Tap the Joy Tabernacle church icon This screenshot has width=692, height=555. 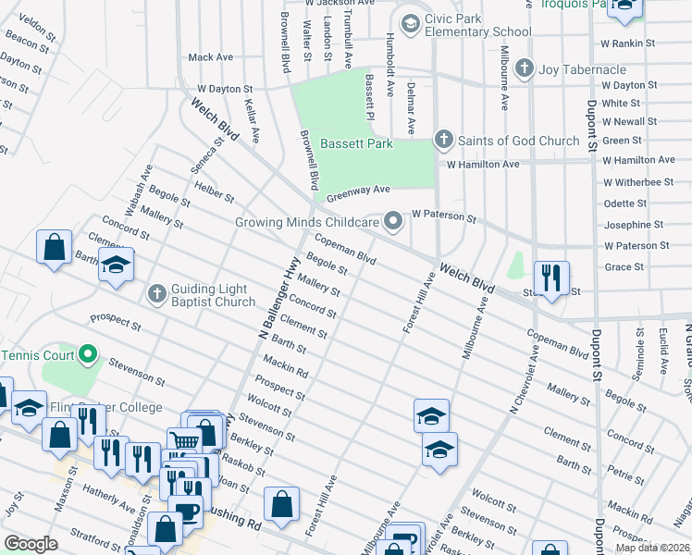tap(525, 68)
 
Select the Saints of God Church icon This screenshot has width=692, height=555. tap(443, 140)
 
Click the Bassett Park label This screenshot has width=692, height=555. tap(356, 143)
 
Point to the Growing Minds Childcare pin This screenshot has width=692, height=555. tap(395, 221)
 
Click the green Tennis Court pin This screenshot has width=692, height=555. tap(89, 354)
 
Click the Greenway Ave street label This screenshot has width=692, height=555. tap(356, 191)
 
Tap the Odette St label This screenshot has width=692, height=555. tap(624, 203)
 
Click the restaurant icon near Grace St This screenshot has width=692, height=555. tap(550, 278)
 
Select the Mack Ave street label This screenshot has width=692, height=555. tap(210, 57)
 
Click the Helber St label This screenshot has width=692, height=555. tap(215, 191)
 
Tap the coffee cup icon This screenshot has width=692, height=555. tap(188, 512)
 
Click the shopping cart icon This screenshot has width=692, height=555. tap(184, 444)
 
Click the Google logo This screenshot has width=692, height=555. tap(31, 544)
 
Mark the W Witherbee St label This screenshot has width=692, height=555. tap(638, 182)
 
